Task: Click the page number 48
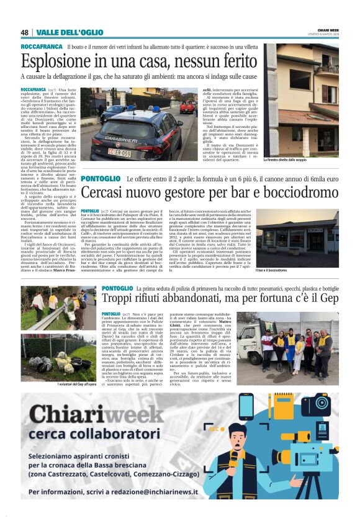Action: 25,32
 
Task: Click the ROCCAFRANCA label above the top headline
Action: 40,47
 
